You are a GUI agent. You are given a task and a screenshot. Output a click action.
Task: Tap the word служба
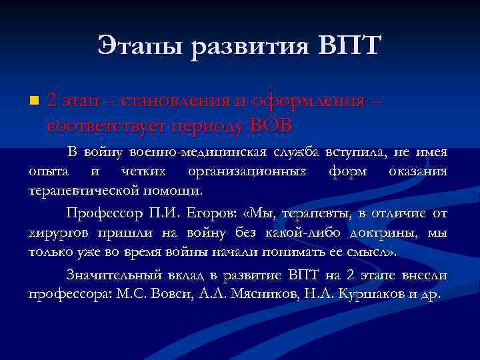coord(299,153)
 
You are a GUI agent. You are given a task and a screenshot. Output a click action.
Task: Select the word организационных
coord(248,172)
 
